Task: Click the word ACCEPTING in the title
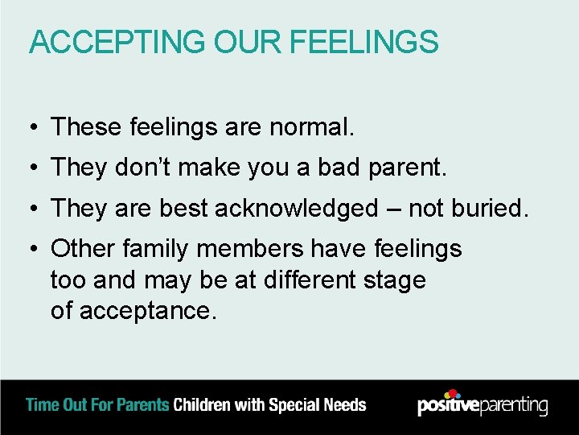click(117, 42)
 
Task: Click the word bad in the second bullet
click(340, 168)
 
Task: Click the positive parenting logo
click(482, 404)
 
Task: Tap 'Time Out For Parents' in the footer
click(97, 405)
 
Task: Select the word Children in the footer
click(203, 405)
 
